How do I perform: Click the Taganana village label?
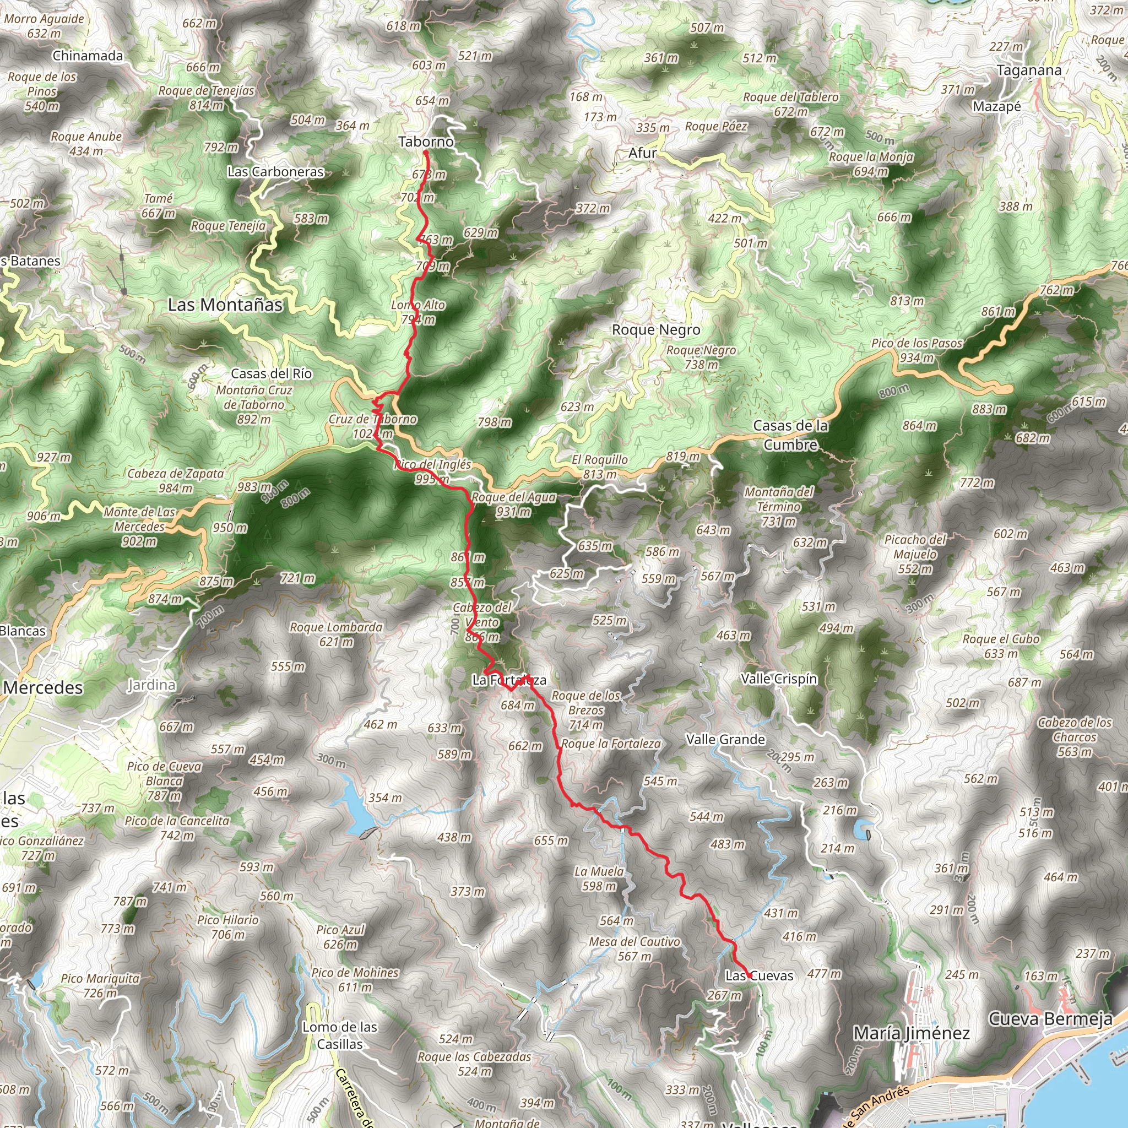[x=1029, y=70]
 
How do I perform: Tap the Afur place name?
[x=642, y=153]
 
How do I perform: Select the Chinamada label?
[x=88, y=56]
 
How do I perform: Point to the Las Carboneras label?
[x=275, y=172]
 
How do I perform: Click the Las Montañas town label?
[x=225, y=305]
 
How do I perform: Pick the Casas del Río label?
[x=272, y=373]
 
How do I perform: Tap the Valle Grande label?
[x=725, y=740]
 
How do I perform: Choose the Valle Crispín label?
[x=779, y=679]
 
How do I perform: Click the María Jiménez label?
[x=912, y=1033]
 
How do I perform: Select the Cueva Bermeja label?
[x=1050, y=1019]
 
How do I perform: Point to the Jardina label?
[x=151, y=684]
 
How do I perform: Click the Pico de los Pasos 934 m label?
[x=916, y=350]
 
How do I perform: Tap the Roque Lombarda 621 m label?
[x=337, y=634]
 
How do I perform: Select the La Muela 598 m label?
[x=599, y=878]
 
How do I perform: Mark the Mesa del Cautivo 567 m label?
[x=634, y=949]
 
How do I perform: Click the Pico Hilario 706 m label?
[x=227, y=927]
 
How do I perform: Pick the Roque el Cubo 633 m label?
[x=1001, y=646]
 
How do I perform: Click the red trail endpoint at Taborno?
[x=426, y=153]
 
